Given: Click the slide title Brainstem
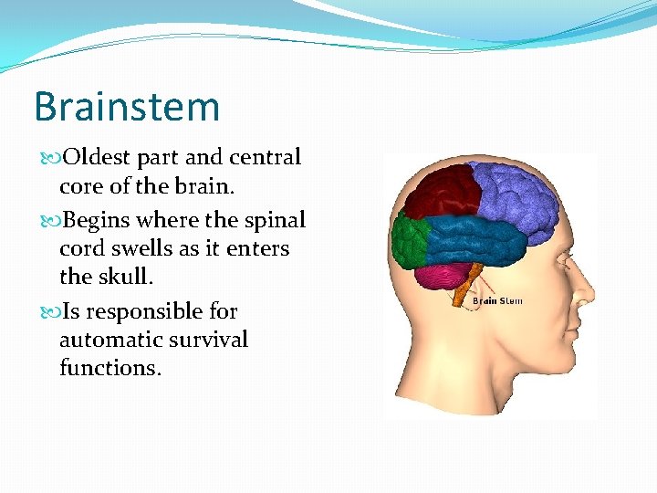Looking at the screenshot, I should (x=127, y=107).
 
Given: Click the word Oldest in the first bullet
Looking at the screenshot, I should (x=92, y=157).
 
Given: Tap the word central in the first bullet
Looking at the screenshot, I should (x=265, y=157).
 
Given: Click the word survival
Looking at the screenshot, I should (x=214, y=340).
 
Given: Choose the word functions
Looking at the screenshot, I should (x=108, y=367).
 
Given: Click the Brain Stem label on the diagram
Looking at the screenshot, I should (x=497, y=301).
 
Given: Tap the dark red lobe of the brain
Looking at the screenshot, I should (x=444, y=192).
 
